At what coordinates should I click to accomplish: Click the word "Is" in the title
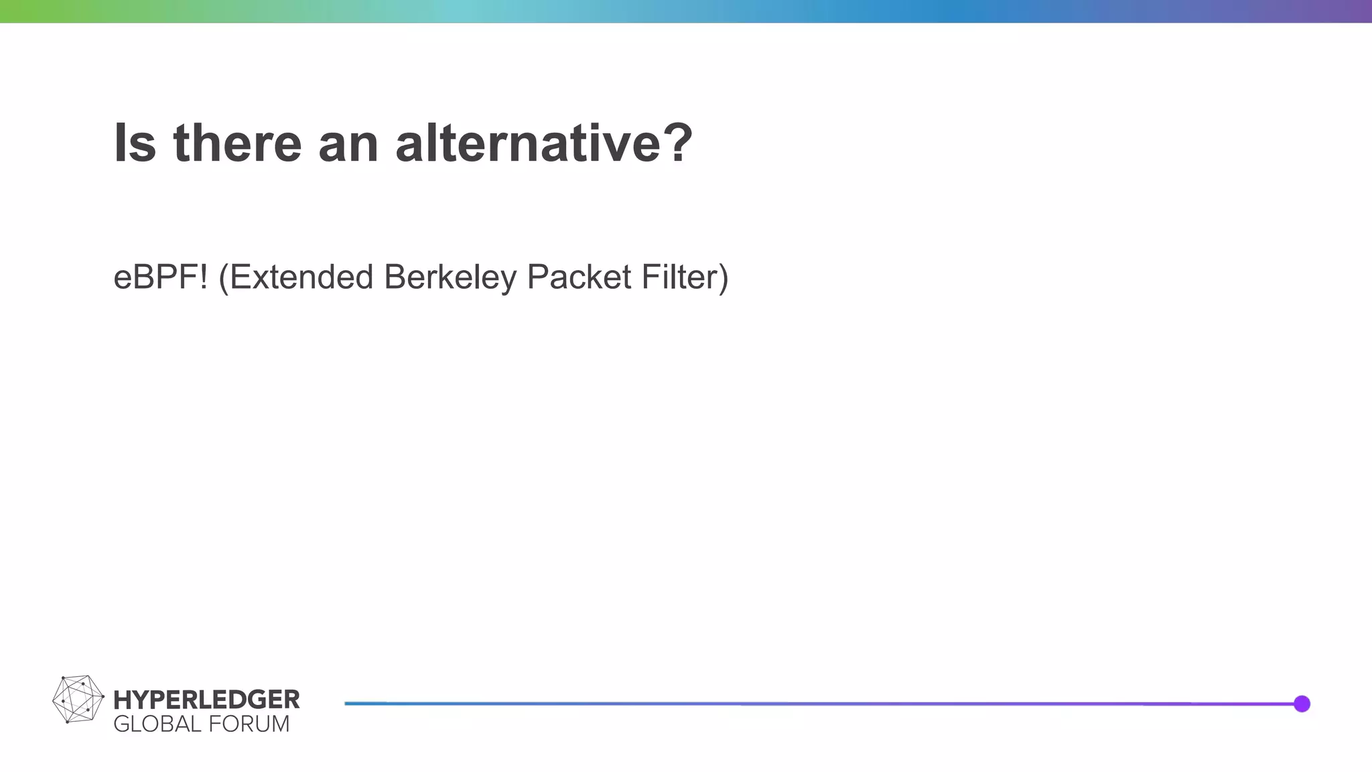point(135,143)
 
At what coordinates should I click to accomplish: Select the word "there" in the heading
point(237,143)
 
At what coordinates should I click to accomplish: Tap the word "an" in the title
point(348,144)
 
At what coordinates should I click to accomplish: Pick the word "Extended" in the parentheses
point(301,277)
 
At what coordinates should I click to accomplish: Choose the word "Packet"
point(579,277)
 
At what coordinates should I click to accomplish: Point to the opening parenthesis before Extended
point(224,278)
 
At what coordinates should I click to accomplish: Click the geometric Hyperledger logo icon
point(78,699)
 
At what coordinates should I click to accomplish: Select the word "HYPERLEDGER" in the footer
point(206,700)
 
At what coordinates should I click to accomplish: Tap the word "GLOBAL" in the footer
point(157,724)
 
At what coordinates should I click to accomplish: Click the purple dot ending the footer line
point(1302,704)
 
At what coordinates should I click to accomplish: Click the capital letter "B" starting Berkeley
point(394,277)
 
